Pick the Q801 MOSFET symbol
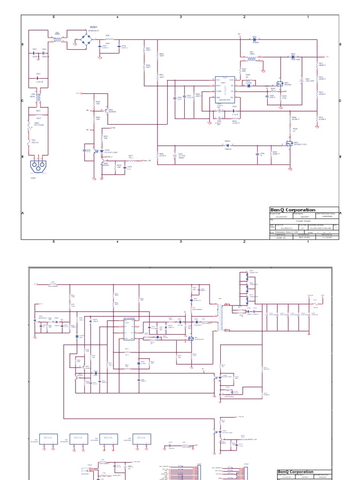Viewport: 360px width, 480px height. pyautogui.click(x=280, y=84)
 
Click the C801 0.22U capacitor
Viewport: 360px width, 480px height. pyautogui.click(x=38, y=78)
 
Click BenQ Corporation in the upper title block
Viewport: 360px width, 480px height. pyautogui.click(x=293, y=210)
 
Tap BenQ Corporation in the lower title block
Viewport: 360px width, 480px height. pyautogui.click(x=296, y=472)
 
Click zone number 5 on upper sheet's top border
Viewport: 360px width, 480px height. pyautogui.click(x=54, y=17)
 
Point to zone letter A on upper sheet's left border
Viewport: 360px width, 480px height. pyautogui.click(x=22, y=213)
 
